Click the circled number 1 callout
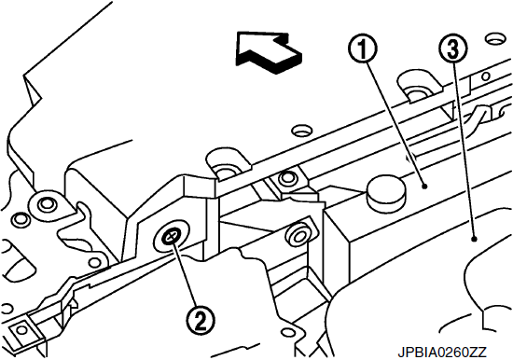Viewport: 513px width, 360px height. (363, 49)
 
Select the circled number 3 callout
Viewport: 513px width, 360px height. (452, 49)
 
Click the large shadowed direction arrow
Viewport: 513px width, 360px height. (269, 51)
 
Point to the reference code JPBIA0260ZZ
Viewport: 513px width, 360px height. (442, 353)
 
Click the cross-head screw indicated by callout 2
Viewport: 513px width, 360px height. (171, 236)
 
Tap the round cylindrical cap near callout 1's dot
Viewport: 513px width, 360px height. (385, 194)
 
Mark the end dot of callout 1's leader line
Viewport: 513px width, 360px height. (424, 187)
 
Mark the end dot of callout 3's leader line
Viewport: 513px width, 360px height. (473, 240)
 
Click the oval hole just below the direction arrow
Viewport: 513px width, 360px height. (302, 131)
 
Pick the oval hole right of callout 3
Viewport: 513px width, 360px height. (495, 39)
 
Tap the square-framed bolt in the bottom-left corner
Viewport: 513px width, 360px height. (21, 330)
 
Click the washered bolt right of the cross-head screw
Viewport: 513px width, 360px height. (298, 235)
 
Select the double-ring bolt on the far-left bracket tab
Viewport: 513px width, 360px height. (46, 205)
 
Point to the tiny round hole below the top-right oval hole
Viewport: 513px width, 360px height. (486, 76)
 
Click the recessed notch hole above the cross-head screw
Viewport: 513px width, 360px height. (226, 166)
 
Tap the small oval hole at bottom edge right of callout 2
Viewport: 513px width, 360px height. (289, 333)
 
